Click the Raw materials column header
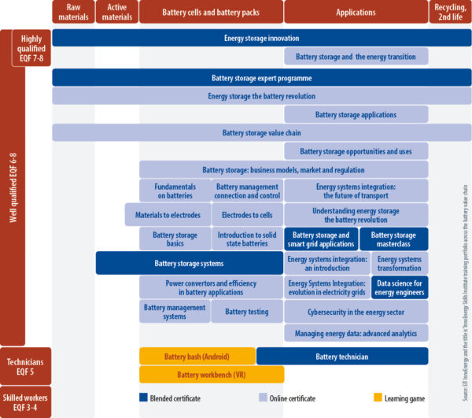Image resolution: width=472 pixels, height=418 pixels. tap(73, 12)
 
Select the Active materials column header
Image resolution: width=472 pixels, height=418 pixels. tap(116, 12)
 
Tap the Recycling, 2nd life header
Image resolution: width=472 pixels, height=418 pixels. tap(451, 12)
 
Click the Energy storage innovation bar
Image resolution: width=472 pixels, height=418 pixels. tap(262, 38)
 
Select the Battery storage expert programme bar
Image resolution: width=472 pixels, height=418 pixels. tap(262, 78)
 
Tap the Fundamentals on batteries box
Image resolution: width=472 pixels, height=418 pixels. tap(175, 191)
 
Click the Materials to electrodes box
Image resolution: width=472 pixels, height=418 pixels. tap(168, 215)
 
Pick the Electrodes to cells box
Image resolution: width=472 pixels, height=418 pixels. tap(247, 215)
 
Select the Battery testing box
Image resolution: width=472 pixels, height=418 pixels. tap(247, 313)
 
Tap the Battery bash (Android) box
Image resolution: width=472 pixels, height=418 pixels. tap(197, 357)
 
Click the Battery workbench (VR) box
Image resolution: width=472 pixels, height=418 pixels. tap(212, 375)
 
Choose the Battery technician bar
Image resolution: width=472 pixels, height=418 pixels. tap(342, 357)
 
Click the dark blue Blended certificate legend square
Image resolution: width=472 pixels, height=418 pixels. tap(144, 398)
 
